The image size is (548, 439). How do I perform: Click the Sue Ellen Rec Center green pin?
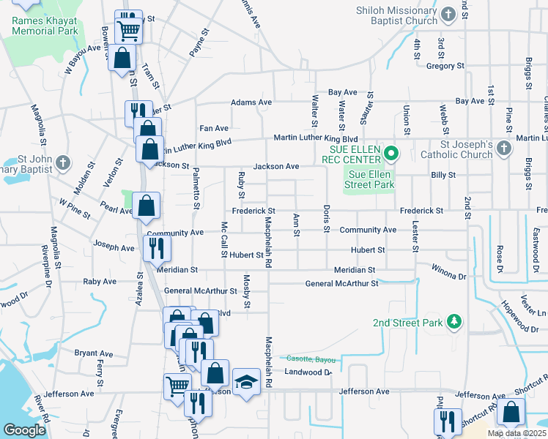391,153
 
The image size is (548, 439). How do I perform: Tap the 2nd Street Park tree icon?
454,321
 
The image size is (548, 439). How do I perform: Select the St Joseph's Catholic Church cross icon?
503,149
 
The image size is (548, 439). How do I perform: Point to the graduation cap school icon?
246,381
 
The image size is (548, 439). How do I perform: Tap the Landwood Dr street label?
308,372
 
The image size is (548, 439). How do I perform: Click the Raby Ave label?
100,281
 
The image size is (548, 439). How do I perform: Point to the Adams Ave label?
251,102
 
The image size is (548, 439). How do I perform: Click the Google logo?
24,430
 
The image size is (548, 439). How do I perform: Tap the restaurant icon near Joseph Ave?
157,248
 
